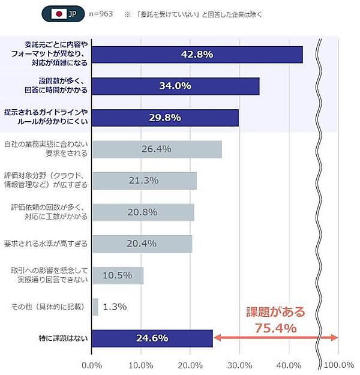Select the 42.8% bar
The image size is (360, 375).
tap(197, 55)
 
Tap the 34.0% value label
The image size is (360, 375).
tap(175, 86)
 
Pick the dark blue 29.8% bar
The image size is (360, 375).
tap(166, 118)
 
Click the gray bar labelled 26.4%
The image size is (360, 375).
tap(157, 149)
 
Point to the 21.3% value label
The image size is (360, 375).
tap(143, 180)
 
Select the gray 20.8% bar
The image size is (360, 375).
tap(143, 212)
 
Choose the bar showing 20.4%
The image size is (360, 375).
tap(142, 244)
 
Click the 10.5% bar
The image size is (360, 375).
tap(118, 275)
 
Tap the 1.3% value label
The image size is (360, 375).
tap(115, 307)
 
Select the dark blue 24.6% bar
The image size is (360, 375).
tap(152, 338)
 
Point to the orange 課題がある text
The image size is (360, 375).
tap(276, 312)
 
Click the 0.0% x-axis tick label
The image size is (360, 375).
tap(92, 365)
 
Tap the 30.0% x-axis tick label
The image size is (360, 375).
tap(240, 365)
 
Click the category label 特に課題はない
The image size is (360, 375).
tap(62, 338)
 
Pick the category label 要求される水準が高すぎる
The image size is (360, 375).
tap(46, 244)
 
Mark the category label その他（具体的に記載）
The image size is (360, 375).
tap(50, 307)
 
